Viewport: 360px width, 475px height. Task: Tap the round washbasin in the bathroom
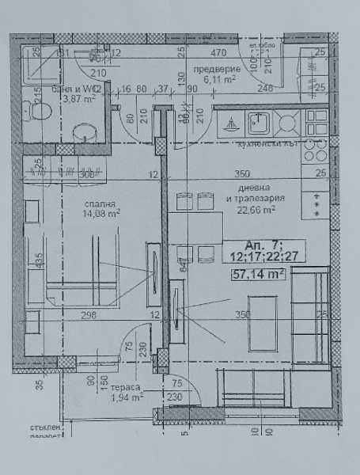click(83, 132)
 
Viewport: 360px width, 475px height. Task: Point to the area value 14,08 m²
click(102, 212)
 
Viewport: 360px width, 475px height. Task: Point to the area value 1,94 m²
click(127, 398)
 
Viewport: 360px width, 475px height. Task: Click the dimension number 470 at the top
click(219, 53)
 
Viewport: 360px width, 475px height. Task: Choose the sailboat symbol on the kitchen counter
click(229, 124)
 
